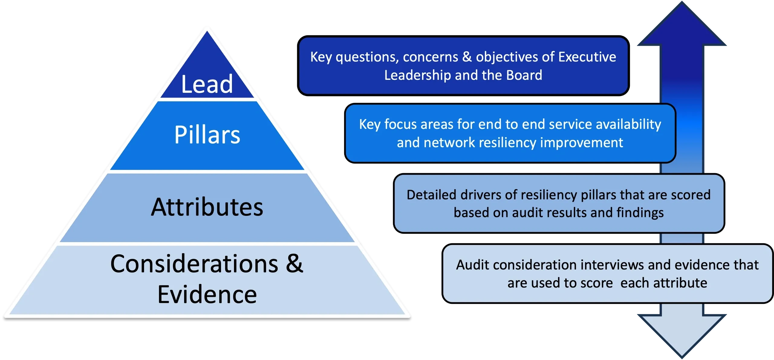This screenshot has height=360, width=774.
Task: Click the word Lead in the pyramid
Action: [x=207, y=84]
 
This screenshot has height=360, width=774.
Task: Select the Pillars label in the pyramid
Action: [x=207, y=135]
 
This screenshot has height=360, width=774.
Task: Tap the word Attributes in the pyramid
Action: [x=207, y=207]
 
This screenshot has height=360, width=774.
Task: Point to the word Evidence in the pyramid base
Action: [x=207, y=295]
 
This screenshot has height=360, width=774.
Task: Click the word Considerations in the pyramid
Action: [x=194, y=264]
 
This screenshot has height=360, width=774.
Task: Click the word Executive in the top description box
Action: [x=587, y=57]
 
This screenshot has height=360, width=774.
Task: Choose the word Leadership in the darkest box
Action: [x=418, y=75]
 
